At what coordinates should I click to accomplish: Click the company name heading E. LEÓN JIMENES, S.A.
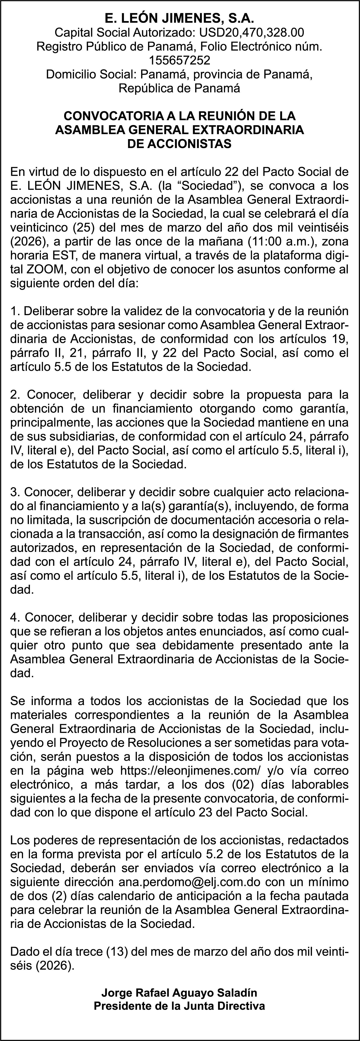180,19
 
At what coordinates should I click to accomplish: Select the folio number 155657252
180,61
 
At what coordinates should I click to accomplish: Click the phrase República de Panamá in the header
180,88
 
